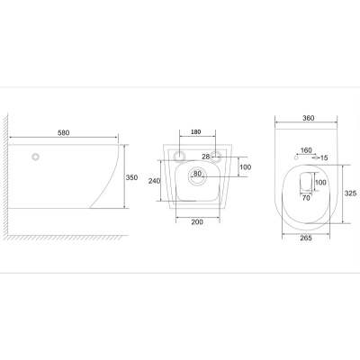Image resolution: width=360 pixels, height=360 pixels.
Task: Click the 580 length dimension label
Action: click(63, 132)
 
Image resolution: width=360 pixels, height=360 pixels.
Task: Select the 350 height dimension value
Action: click(131, 177)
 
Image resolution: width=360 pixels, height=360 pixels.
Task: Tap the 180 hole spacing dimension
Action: click(195, 131)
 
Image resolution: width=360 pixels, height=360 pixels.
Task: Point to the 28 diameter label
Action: click(205, 157)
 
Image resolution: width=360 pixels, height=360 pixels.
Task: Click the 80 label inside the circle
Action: click(197, 174)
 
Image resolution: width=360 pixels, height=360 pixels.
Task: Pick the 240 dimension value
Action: click(155, 181)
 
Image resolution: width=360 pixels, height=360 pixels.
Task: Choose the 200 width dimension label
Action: click(197, 222)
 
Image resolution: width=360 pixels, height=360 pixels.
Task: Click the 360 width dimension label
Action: click(309, 118)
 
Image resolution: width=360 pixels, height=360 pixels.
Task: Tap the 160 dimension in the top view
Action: click(306, 150)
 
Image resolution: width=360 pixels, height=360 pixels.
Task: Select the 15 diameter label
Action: click(324, 157)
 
